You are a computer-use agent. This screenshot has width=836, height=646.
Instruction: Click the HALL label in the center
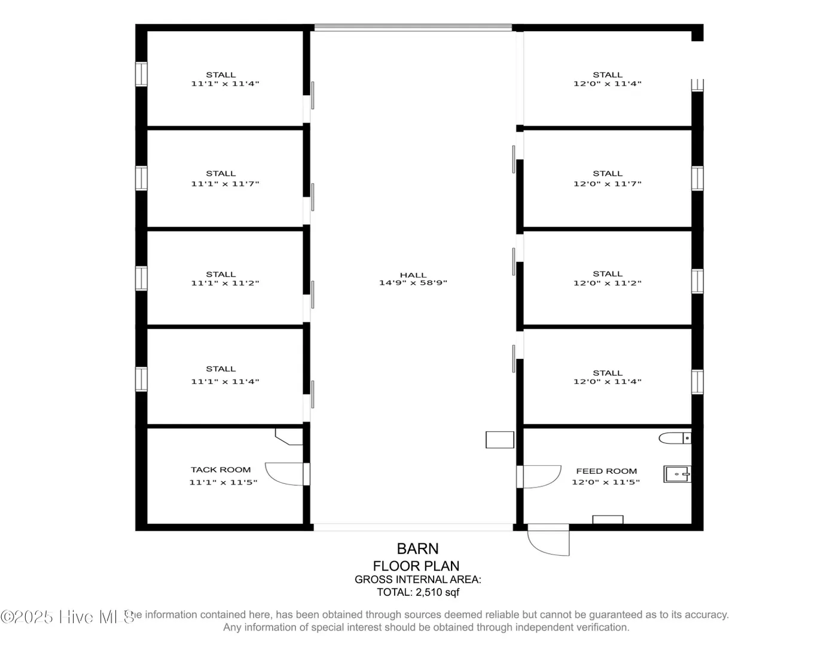(413, 275)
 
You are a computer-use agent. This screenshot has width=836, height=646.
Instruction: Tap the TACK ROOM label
(221, 470)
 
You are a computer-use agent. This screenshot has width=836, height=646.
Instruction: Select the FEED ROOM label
(606, 471)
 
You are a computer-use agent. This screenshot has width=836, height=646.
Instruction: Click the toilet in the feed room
(675, 438)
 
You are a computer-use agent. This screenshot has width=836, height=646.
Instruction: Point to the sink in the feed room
(677, 474)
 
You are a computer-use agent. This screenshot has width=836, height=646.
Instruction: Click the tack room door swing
(284, 474)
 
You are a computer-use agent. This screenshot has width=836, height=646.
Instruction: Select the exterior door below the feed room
(548, 540)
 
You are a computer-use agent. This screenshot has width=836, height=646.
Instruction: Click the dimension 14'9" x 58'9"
(413, 283)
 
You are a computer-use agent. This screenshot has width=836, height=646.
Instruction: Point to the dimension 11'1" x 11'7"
(225, 184)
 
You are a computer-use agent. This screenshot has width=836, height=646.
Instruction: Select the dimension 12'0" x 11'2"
(608, 283)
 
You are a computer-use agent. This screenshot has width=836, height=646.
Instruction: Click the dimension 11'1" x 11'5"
(223, 483)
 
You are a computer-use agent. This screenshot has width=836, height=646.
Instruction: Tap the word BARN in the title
(417, 549)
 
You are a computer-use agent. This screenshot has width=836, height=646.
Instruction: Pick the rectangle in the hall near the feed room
(500, 440)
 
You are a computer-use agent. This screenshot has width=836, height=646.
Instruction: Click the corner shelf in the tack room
(289, 437)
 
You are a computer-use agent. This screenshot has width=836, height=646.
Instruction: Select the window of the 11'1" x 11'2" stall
(141, 279)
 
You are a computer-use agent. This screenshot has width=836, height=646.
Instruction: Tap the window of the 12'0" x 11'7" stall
(697, 178)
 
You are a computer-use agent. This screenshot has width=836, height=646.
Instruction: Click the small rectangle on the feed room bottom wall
(608, 519)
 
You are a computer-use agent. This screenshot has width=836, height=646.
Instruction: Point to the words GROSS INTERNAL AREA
(418, 580)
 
